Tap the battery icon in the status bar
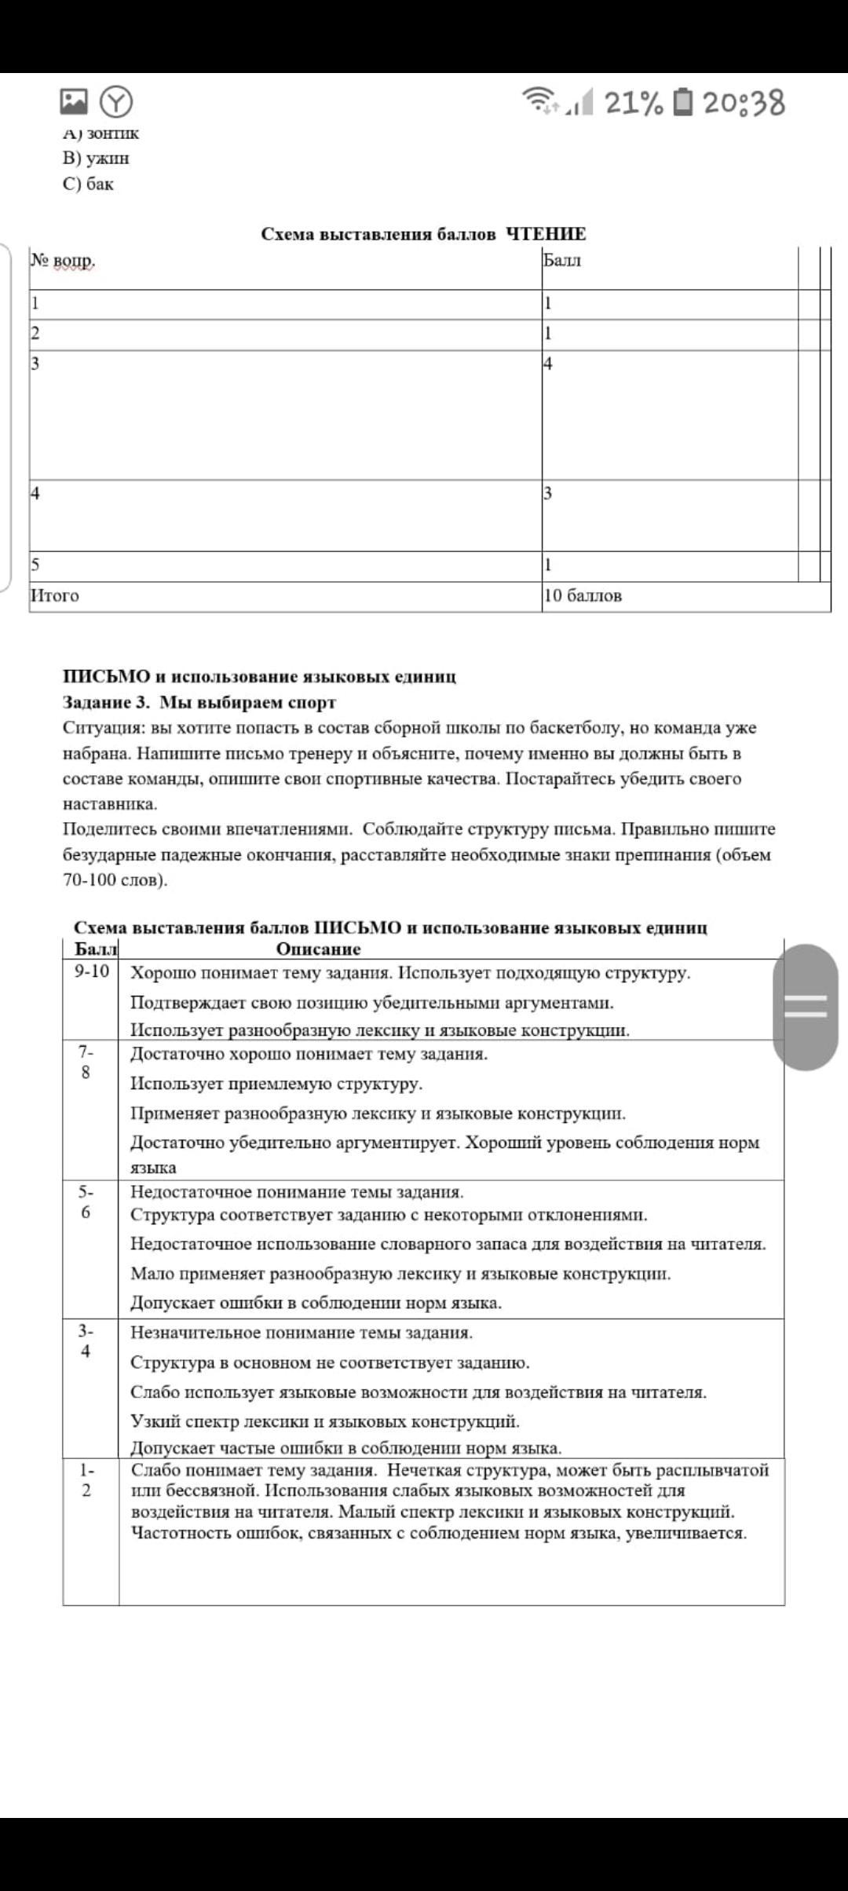(684, 102)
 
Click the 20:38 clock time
(744, 103)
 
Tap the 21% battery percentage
(634, 103)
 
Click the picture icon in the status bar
(74, 101)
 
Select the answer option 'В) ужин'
(96, 158)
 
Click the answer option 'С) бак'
(88, 184)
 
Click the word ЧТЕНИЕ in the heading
(546, 234)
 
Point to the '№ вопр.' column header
(62, 260)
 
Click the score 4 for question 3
(548, 364)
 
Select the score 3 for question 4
(548, 493)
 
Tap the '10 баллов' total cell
(583, 595)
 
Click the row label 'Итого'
(55, 595)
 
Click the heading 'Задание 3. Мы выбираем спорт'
(199, 702)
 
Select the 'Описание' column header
(318, 949)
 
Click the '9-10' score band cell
(92, 971)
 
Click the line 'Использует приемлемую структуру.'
(276, 1084)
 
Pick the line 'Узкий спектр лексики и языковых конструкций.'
(325, 1421)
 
